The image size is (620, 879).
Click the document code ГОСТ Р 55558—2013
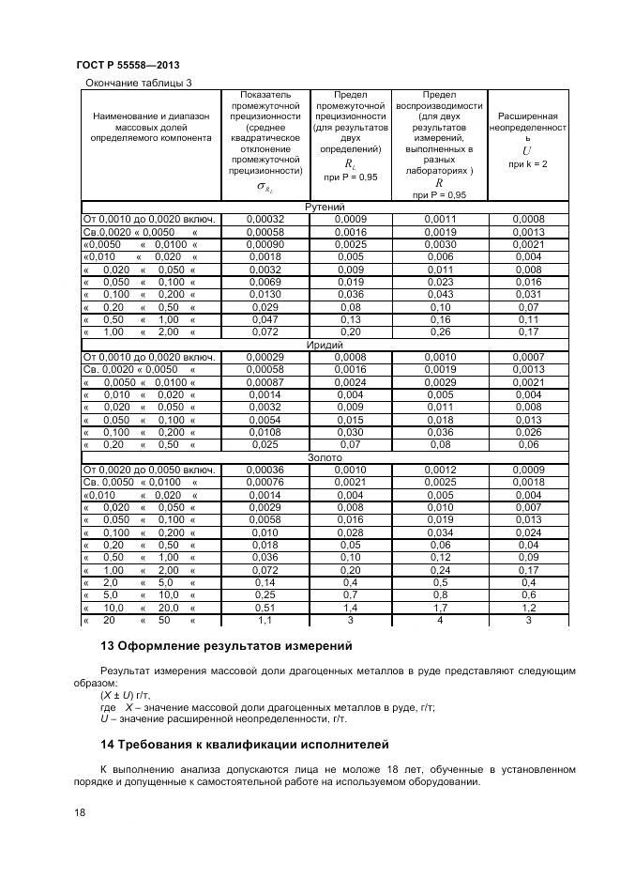(x=127, y=65)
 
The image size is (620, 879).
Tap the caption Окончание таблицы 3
(x=138, y=83)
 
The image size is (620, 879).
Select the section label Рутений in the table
(x=325, y=207)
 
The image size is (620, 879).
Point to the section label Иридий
(x=325, y=345)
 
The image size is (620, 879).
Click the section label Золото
(x=325, y=457)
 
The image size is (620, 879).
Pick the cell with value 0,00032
(x=265, y=219)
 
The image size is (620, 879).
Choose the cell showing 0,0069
(x=265, y=282)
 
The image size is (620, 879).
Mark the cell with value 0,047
(x=265, y=319)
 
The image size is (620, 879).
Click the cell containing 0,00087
(x=265, y=382)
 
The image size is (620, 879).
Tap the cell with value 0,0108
(x=265, y=432)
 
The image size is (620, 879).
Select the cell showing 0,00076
(x=265, y=482)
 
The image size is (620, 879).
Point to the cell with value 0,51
(x=265, y=608)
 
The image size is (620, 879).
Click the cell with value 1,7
(x=439, y=608)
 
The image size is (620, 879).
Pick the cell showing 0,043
(x=439, y=294)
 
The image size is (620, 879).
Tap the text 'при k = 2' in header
(x=527, y=164)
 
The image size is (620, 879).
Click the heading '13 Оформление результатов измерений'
(x=225, y=646)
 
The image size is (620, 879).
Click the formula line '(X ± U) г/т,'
(x=129, y=696)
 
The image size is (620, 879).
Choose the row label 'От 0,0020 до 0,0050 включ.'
(x=150, y=470)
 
